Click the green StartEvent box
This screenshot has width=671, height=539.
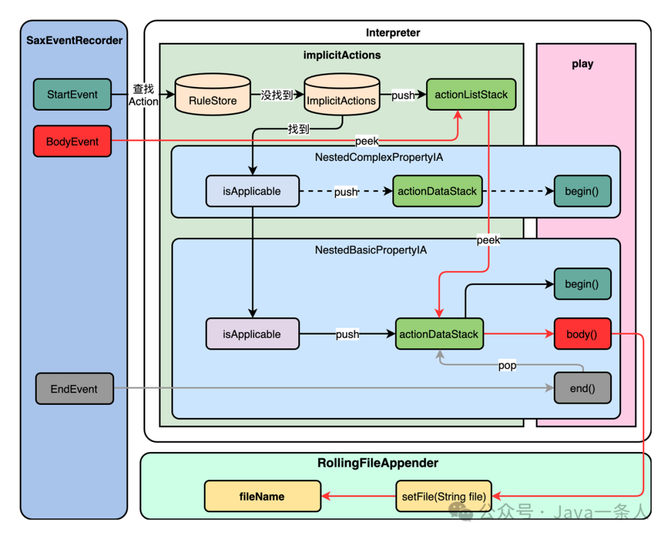point(72,95)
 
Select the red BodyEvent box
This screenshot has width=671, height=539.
point(72,142)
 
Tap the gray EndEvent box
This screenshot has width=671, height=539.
point(75,389)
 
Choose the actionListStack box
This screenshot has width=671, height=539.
point(471,95)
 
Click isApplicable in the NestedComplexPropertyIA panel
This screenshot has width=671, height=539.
point(252,191)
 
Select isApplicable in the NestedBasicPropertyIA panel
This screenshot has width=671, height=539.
point(252,334)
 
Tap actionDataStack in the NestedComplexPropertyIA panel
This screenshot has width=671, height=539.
point(437,191)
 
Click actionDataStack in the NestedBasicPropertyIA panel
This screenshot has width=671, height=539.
point(439,334)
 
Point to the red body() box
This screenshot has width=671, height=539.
point(582,334)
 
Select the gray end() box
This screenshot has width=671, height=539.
point(582,389)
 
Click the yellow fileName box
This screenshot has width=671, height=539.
point(263,496)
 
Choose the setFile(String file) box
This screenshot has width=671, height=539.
point(443,496)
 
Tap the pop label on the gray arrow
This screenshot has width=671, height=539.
point(507,366)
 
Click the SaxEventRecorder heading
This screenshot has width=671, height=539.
point(74,41)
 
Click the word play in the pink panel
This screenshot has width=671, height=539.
point(582,64)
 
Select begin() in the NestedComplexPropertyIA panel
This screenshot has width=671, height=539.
point(582,191)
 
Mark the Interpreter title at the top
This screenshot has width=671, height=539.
point(393,32)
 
